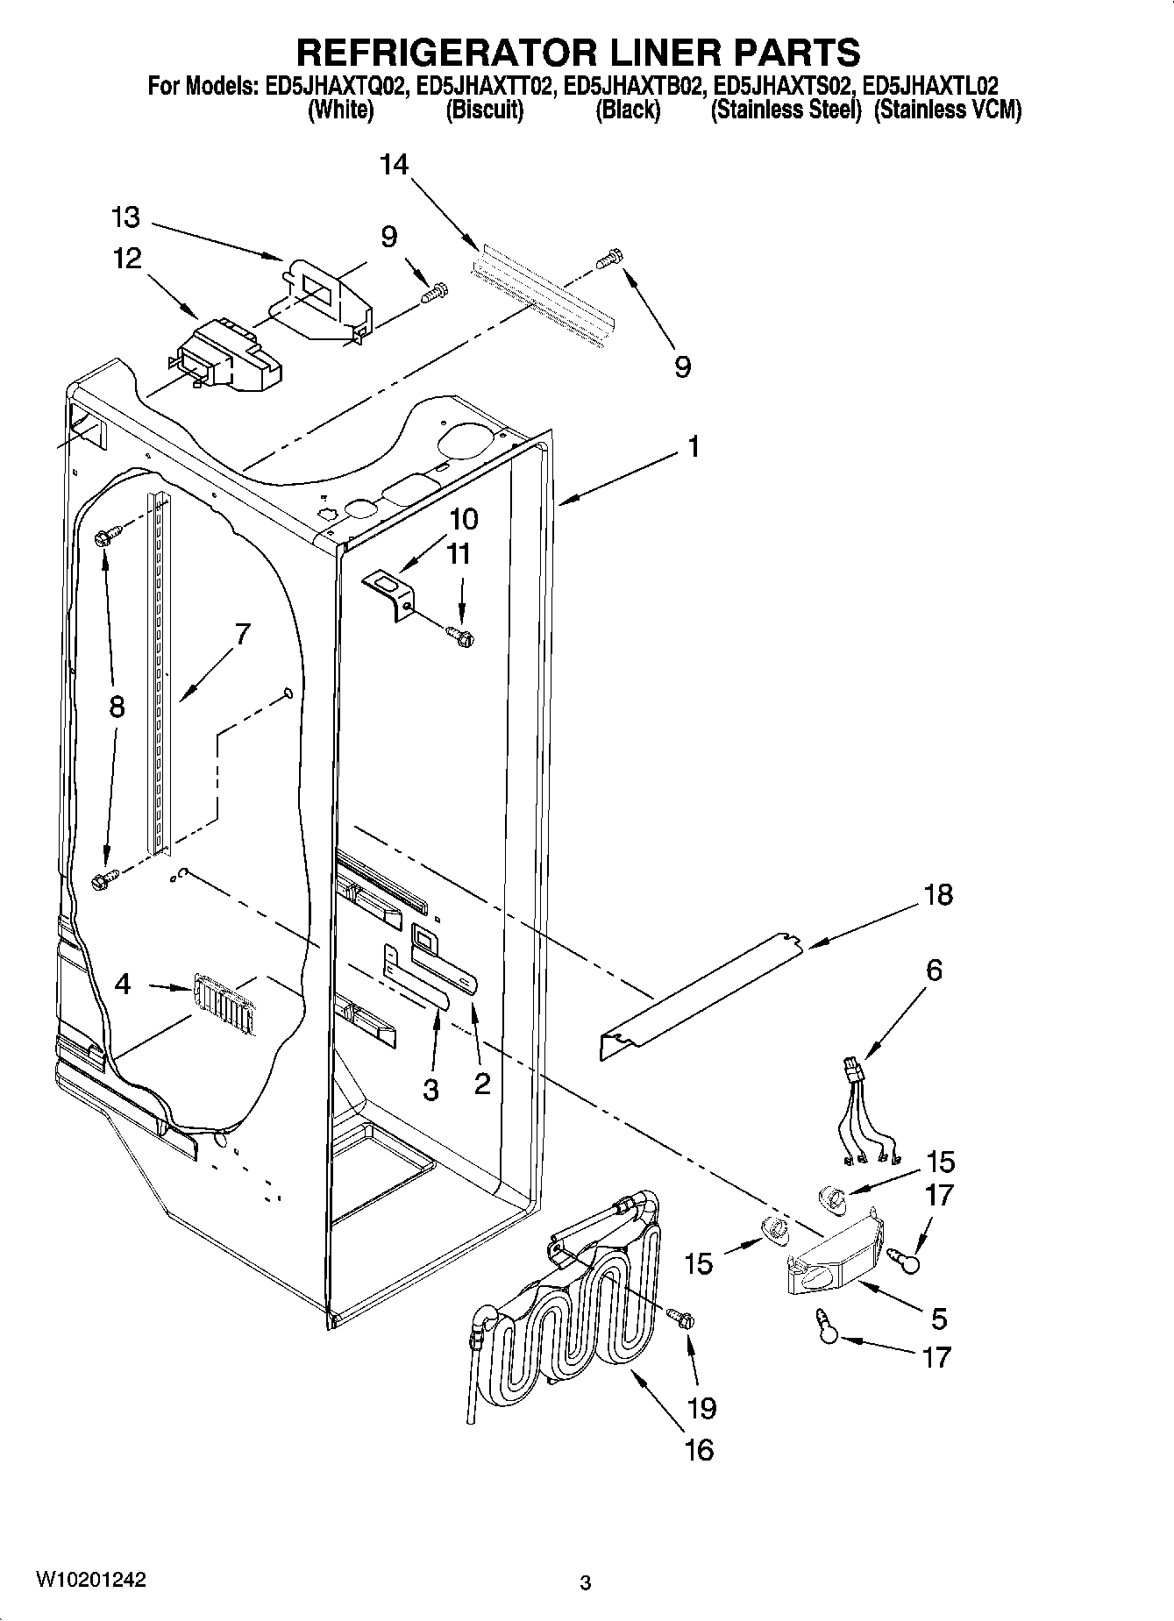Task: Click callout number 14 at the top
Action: point(395,164)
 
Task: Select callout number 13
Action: point(126,217)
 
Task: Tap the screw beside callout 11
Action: point(459,633)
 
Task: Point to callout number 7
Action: point(242,633)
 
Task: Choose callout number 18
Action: point(937,895)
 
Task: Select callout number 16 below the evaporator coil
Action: point(698,1449)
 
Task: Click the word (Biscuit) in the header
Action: point(484,110)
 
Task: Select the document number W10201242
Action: point(90,1580)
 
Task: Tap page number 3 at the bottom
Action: point(586,1583)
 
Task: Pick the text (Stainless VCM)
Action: point(948,110)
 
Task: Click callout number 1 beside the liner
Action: point(694,447)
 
